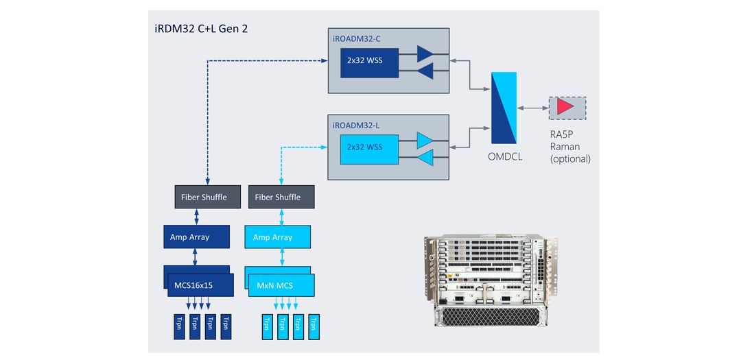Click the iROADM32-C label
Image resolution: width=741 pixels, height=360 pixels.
coord(357,38)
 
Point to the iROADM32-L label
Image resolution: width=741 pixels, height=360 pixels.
coord(356,125)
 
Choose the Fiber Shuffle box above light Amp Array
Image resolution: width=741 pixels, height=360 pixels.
coord(277,197)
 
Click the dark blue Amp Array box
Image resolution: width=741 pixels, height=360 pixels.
coord(196,237)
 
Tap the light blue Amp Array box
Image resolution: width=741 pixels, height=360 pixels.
coord(278,237)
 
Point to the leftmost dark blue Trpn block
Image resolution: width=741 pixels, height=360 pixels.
coord(178,326)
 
